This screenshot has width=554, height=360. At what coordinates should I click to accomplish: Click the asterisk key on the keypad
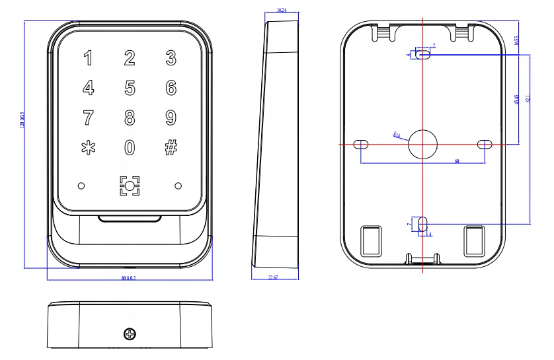(x=88, y=147)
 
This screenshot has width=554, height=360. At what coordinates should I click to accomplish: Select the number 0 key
(x=130, y=147)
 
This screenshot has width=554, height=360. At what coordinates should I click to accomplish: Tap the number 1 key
(x=88, y=58)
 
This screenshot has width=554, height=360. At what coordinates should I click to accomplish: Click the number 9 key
(x=171, y=118)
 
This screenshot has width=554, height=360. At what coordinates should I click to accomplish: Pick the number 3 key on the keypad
(x=171, y=58)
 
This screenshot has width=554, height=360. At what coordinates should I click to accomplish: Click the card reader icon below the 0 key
(x=130, y=186)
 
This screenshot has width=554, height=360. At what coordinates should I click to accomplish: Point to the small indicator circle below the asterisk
(x=81, y=186)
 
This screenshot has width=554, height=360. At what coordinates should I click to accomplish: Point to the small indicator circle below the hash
(x=178, y=186)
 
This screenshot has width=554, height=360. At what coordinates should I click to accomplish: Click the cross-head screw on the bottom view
(x=129, y=334)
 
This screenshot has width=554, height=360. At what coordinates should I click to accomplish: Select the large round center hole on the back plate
(x=422, y=144)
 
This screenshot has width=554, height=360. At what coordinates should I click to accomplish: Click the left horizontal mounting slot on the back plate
(x=361, y=144)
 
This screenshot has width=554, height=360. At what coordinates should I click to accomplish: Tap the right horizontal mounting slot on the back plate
(x=485, y=144)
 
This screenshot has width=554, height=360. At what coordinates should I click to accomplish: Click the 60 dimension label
(x=456, y=161)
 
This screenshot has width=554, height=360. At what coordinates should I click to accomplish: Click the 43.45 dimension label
(x=516, y=99)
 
